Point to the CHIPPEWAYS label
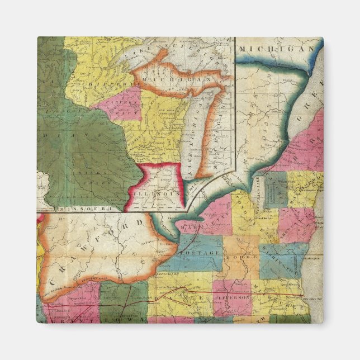pyautogui.click(x=104, y=82)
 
